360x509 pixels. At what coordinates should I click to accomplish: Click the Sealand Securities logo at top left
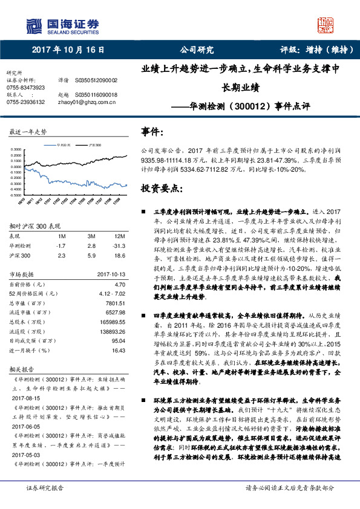[63, 25]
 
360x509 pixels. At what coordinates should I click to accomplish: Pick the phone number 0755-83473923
[25, 88]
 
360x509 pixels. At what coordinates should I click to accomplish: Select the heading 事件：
[152, 131]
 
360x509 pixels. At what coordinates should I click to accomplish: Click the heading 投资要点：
[161, 188]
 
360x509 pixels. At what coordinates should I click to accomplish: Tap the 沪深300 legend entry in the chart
[94, 146]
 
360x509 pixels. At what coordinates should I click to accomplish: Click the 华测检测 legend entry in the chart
[62, 146]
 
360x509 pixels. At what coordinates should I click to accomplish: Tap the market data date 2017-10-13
[111, 274]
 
